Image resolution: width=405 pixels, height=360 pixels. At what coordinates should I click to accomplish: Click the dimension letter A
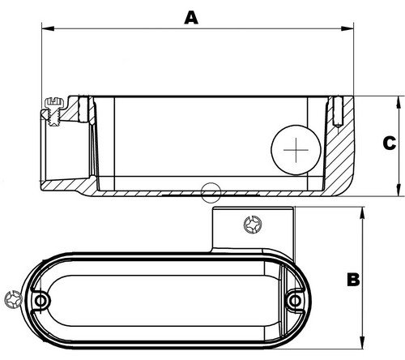tap(191, 17)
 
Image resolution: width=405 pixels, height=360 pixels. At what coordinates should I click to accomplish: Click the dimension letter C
tap(389, 144)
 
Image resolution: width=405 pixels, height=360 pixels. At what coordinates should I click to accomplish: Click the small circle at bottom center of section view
tap(211, 191)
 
